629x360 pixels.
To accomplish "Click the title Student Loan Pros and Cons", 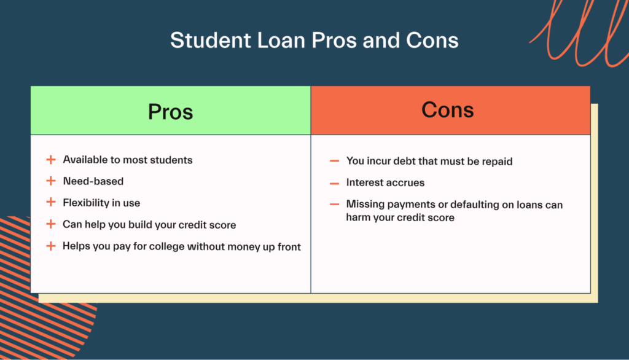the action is (314, 40).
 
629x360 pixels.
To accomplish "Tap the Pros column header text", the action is (171, 112).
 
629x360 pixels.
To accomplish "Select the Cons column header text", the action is (447, 109).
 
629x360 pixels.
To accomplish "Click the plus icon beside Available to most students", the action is (51, 160).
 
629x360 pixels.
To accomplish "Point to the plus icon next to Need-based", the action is (51, 181).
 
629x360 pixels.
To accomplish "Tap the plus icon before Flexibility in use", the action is (51, 202).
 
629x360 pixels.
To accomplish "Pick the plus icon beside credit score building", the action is (51, 224).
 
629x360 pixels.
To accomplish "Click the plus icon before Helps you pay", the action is (51, 246).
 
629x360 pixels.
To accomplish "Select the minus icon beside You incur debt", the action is (335, 161).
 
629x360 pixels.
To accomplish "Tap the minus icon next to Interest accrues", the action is (335, 184).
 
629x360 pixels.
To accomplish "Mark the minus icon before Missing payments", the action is (335, 205).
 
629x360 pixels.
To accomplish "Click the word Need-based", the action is (93, 181).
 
